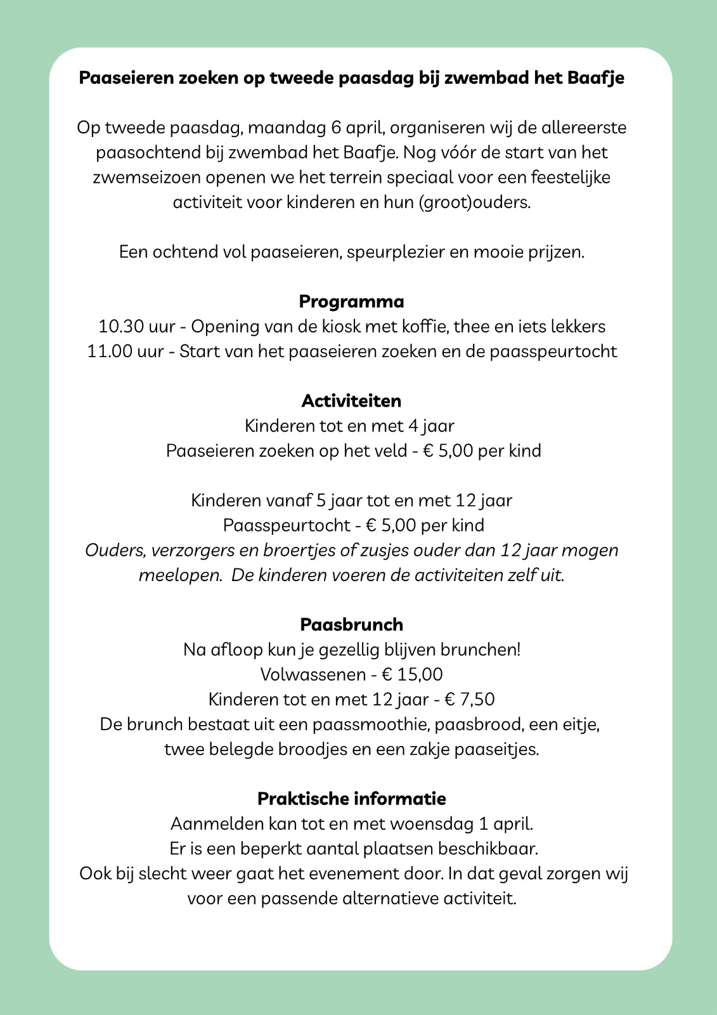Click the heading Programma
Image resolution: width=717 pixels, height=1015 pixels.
pyautogui.click(x=351, y=302)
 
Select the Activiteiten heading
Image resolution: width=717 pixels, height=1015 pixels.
pyautogui.click(x=351, y=401)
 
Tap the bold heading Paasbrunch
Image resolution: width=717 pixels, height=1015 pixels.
pyautogui.click(x=351, y=625)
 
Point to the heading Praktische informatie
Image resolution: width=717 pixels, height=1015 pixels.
pyautogui.click(x=351, y=799)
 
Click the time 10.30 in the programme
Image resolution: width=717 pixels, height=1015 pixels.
pyautogui.click(x=120, y=327)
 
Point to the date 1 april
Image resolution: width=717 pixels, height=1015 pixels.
pyautogui.click(x=505, y=824)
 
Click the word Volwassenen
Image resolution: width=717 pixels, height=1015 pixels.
pyautogui.click(x=313, y=674)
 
